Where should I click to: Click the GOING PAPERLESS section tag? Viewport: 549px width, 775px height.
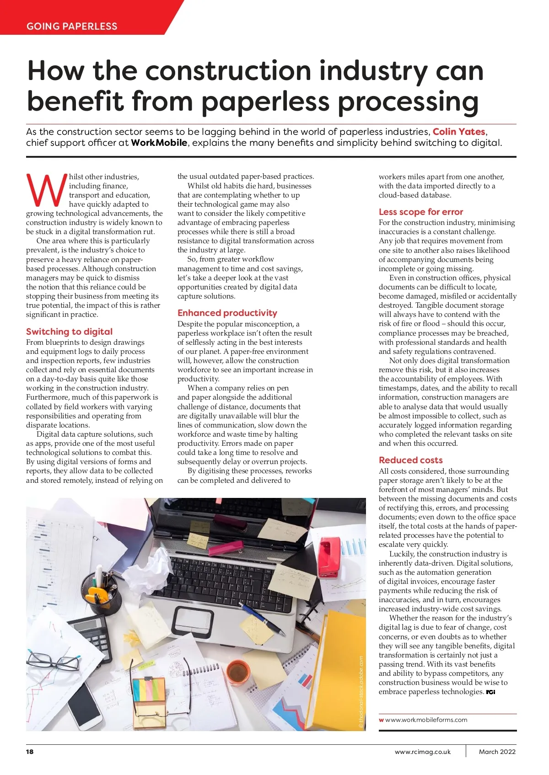coord(72,26)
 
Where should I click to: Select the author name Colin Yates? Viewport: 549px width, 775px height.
coord(458,132)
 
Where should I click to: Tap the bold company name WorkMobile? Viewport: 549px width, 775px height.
coord(159,143)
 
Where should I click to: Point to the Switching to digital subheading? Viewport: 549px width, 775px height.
coord(69,331)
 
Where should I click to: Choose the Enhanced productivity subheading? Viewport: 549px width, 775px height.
coord(227,313)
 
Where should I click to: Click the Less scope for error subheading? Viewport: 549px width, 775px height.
coord(420,212)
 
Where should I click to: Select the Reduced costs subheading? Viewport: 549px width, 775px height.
coord(410,460)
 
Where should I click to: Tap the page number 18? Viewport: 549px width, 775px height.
coord(30,752)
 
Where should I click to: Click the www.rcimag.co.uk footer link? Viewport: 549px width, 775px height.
coord(422,752)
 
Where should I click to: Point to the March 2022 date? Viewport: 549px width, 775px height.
coord(497,752)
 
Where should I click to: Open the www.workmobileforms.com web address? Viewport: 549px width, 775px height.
coord(426,720)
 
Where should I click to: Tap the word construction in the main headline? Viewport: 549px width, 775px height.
coord(228,71)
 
